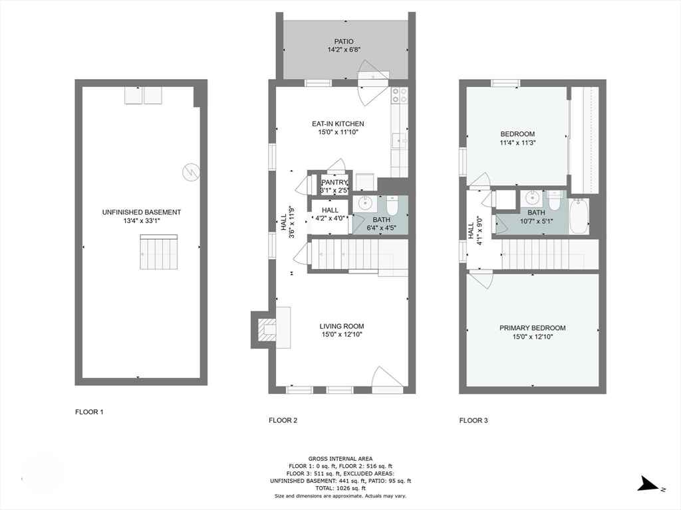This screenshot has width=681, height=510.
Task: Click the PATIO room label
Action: click(344, 41)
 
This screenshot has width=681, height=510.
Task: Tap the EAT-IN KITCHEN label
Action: click(338, 124)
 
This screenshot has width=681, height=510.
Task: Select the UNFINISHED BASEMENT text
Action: click(141, 212)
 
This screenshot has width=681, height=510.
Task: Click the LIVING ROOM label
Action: click(341, 326)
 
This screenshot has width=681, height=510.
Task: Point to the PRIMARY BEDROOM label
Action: click(532, 328)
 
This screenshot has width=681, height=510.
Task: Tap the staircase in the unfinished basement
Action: click(159, 252)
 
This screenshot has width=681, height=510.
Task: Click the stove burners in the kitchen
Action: click(399, 96)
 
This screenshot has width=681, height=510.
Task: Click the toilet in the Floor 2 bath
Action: click(392, 207)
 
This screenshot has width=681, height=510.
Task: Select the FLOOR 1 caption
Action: click(89, 412)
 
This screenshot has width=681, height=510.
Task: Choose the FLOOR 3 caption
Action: click(474, 420)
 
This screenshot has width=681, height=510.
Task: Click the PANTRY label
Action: click(335, 183)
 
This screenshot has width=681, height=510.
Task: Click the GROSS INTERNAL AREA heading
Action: click(340, 458)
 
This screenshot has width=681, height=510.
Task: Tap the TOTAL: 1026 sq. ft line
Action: click(340, 488)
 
